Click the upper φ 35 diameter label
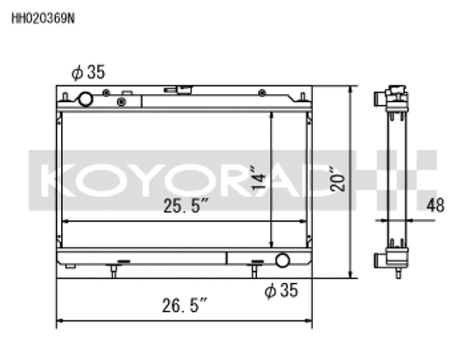85,72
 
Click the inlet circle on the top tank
86,99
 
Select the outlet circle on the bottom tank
282,260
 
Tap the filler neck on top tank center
184,90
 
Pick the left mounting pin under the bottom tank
114,271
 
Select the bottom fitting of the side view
395,260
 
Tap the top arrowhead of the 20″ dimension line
352,89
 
